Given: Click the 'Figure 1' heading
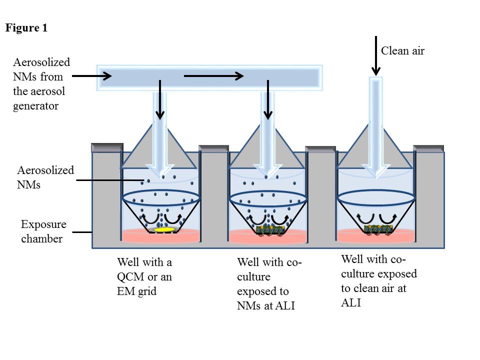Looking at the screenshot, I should [26, 28].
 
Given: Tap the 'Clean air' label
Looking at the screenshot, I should [402, 50].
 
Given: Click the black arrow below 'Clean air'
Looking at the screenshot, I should [376, 55].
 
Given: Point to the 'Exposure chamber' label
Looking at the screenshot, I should [43, 231].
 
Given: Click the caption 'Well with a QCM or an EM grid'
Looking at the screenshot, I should [144, 276].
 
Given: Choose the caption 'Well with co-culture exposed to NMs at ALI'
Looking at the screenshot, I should [269, 283].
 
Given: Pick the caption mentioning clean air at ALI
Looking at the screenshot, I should [379, 281].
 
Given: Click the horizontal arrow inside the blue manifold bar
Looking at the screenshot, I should [213, 76].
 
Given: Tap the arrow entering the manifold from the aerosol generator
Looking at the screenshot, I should [92, 76].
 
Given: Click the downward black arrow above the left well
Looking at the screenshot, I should [159, 100].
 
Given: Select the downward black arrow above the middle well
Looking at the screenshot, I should [268, 100].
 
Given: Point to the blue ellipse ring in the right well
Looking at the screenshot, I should [376, 197].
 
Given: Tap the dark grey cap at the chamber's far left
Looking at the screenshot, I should [107, 147].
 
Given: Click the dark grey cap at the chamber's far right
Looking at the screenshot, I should [428, 148].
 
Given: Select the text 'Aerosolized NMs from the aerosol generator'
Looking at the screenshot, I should [41, 84].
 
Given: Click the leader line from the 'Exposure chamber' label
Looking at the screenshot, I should [82, 232].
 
